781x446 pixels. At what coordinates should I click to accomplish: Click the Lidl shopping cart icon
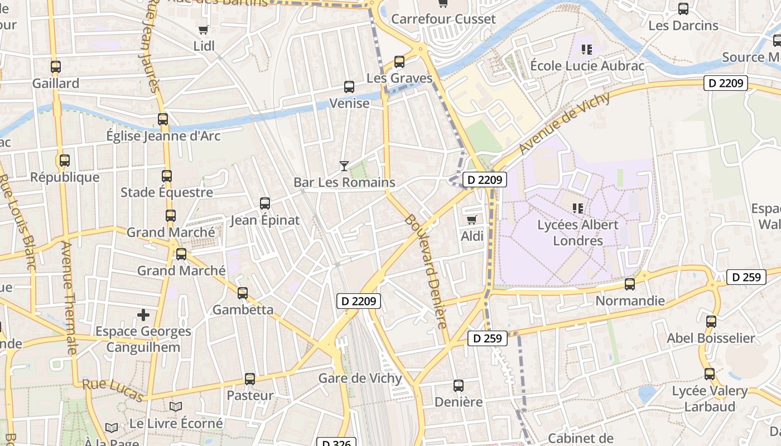(204, 30)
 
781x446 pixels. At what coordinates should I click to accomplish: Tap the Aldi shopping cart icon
(472, 220)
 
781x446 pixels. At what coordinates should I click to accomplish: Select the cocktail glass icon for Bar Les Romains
(344, 166)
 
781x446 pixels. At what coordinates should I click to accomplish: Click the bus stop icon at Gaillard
(56, 67)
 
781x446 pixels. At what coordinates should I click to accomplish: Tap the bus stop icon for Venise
(349, 87)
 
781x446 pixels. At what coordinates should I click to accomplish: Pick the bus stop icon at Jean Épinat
(265, 203)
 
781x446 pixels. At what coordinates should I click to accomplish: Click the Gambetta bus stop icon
(243, 293)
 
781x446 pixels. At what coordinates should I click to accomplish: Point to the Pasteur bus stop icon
(250, 379)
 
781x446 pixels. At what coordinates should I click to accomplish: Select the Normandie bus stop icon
(630, 284)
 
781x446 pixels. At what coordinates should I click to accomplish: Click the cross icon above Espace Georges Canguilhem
(143, 315)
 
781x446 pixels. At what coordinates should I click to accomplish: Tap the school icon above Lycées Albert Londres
(578, 209)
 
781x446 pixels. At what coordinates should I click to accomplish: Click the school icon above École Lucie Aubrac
(586, 50)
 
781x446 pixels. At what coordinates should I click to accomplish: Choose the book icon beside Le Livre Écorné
(176, 407)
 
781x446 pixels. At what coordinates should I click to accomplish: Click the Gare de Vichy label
(360, 378)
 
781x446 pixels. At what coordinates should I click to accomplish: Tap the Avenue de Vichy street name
(565, 123)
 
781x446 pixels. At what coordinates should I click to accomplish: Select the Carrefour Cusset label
(443, 19)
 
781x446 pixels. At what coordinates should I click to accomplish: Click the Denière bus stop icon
(459, 386)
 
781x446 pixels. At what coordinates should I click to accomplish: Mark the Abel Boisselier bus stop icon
(711, 322)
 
